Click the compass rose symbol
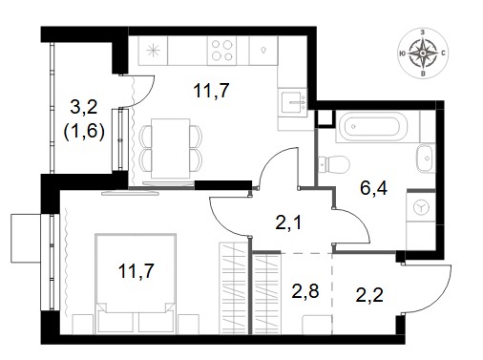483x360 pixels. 423,53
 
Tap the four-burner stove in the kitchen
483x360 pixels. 221,51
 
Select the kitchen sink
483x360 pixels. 292,102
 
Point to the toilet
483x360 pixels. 334,164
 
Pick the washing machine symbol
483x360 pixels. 421,207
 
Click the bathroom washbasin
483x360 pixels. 426,158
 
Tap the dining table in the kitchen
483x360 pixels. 170,148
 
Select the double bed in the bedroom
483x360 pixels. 136,284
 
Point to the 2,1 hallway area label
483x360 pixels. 288,222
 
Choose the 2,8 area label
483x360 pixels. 305,290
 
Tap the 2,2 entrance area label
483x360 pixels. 369,294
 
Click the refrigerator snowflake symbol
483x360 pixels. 153,51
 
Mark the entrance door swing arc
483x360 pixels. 439,299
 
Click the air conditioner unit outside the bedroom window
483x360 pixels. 26,238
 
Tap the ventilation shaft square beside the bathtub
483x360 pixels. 325,118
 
